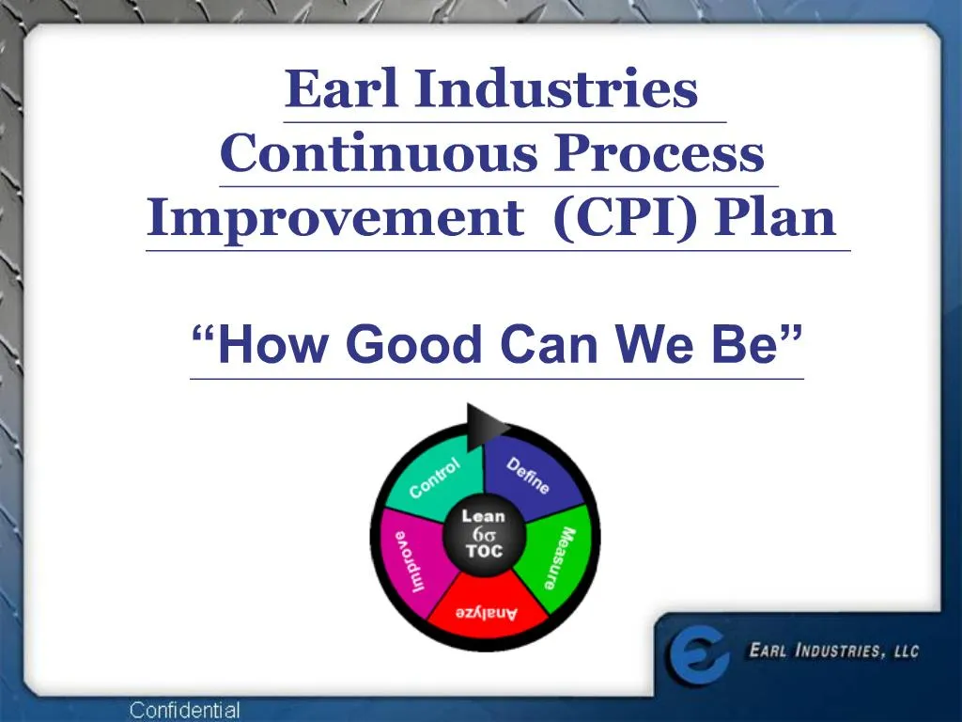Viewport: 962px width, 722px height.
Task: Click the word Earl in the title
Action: (x=342, y=90)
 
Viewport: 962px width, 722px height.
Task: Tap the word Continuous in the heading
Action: (x=380, y=155)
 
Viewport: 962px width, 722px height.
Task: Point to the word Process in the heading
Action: (x=659, y=155)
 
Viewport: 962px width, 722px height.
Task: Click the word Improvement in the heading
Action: (x=335, y=219)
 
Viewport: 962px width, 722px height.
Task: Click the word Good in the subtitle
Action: (x=413, y=345)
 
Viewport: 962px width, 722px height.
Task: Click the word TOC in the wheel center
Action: (x=483, y=551)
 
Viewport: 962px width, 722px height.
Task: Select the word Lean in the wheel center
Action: (x=483, y=515)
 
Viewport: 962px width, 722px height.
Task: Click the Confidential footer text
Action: (x=184, y=711)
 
